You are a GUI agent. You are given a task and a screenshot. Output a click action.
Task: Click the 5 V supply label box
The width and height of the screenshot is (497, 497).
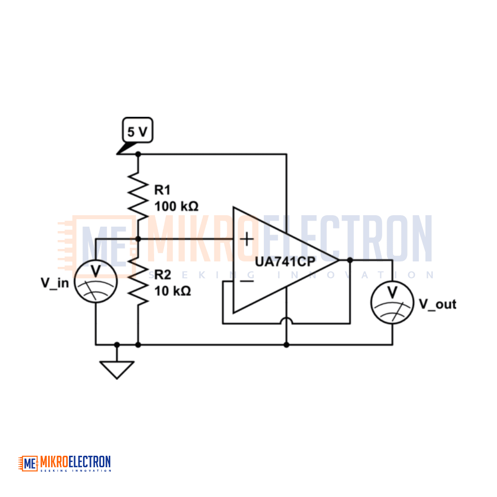(x=138, y=130)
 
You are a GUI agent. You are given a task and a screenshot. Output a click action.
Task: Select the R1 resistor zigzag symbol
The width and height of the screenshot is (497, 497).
(x=138, y=196)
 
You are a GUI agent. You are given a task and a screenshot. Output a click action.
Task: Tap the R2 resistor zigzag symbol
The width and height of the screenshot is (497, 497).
(x=138, y=280)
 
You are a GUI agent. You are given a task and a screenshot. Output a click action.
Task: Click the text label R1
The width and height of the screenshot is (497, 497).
(x=163, y=190)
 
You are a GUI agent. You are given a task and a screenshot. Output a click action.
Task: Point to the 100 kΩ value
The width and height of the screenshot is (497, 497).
(x=176, y=206)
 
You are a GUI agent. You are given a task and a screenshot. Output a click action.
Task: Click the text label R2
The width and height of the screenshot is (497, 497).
(x=163, y=274)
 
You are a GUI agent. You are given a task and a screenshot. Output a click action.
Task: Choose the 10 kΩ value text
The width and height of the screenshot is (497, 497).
(x=173, y=291)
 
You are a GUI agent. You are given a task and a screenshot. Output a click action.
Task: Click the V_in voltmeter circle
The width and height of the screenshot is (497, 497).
(x=96, y=281)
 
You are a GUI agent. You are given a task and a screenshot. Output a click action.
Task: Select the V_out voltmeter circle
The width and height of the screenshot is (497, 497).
(x=393, y=302)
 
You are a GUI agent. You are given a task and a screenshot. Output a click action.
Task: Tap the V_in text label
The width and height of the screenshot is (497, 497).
(x=55, y=283)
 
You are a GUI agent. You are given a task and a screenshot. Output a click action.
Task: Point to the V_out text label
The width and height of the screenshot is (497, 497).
(x=438, y=304)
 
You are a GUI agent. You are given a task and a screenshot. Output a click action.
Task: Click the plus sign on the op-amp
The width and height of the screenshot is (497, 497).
(x=247, y=239)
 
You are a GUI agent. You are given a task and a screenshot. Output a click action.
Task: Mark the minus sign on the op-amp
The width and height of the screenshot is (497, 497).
(x=247, y=281)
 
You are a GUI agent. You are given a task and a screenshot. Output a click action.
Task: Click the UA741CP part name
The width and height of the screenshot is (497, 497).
(x=285, y=262)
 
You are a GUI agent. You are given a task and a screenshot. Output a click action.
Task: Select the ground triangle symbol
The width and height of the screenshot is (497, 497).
(x=117, y=370)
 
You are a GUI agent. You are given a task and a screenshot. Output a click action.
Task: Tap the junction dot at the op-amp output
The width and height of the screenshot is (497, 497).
(x=350, y=260)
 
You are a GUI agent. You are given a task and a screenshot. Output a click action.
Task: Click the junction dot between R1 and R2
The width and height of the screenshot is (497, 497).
(x=138, y=239)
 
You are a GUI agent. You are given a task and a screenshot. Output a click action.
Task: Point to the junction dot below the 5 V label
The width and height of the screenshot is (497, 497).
(x=138, y=155)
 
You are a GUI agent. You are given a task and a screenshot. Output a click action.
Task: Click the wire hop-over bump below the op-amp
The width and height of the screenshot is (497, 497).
(x=286, y=320)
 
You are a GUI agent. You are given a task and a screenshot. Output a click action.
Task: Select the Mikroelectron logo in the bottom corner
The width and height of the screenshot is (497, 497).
(x=65, y=463)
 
